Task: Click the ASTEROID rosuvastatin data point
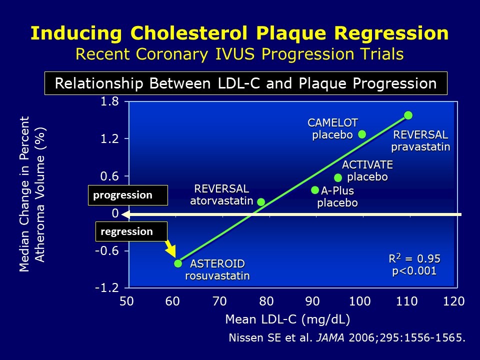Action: pos(178,263)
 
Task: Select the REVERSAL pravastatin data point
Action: pos(408,115)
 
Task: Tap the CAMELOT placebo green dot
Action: pos(362,134)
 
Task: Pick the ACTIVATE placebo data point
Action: pos(338,177)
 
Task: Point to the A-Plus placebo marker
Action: pos(315,190)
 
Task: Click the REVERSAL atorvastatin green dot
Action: pos(261,202)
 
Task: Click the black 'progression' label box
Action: pos(127,195)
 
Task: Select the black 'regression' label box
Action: pos(131,231)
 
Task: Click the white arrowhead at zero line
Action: pos(127,214)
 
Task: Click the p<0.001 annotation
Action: pos(414,271)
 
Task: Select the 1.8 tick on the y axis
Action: pos(110,102)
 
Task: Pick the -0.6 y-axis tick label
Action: pos(107,251)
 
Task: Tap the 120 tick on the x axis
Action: pos(454,301)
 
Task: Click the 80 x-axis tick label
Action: pos(266,301)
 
